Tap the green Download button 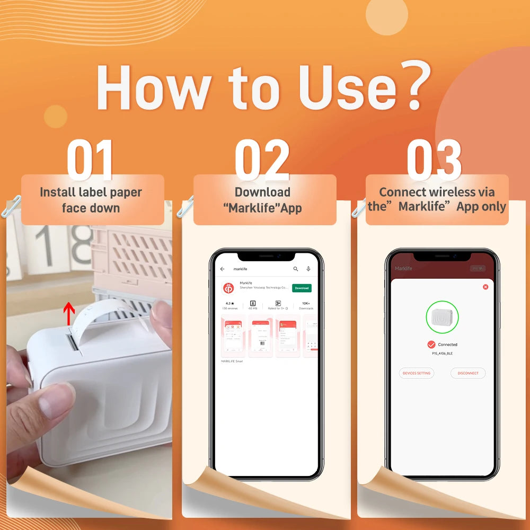(302, 288)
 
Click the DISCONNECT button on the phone (468, 373)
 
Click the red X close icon (485, 287)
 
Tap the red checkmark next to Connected (431, 344)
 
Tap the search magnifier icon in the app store (296, 269)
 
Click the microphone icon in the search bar (308, 269)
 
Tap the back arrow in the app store (223, 269)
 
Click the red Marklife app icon (229, 288)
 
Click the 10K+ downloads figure (306, 304)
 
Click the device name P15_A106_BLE (442, 353)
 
